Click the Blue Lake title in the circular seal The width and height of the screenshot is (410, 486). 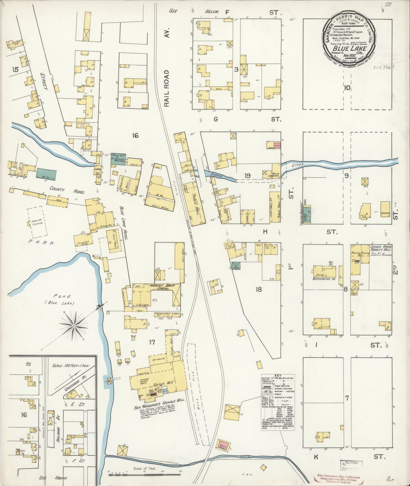[350, 48]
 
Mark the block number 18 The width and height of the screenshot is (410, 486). [258, 290]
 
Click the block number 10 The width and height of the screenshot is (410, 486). [347, 88]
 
